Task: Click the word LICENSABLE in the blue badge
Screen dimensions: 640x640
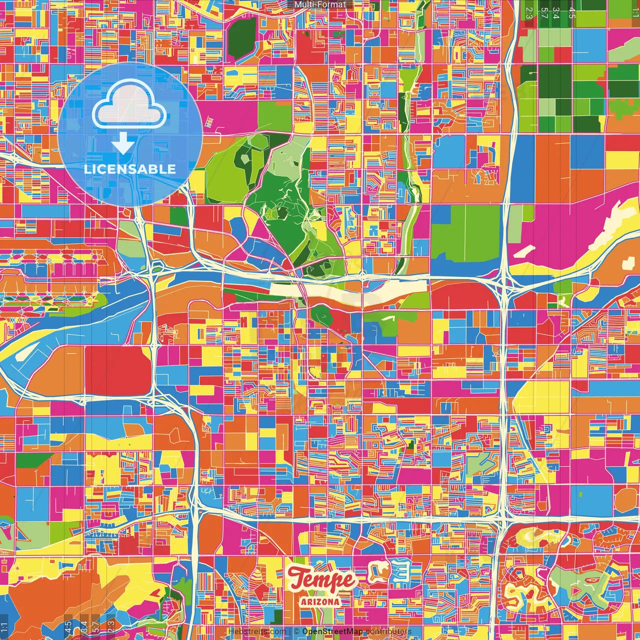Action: [130, 169]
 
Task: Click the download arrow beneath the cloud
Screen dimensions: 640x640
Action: [122, 143]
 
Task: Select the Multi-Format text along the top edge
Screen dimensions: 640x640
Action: [320, 4]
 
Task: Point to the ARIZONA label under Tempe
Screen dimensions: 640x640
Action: [320, 602]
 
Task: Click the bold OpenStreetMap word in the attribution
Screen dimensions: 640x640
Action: [332, 631]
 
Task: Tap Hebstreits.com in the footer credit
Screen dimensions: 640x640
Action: [257, 631]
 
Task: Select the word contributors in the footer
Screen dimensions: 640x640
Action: [388, 631]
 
